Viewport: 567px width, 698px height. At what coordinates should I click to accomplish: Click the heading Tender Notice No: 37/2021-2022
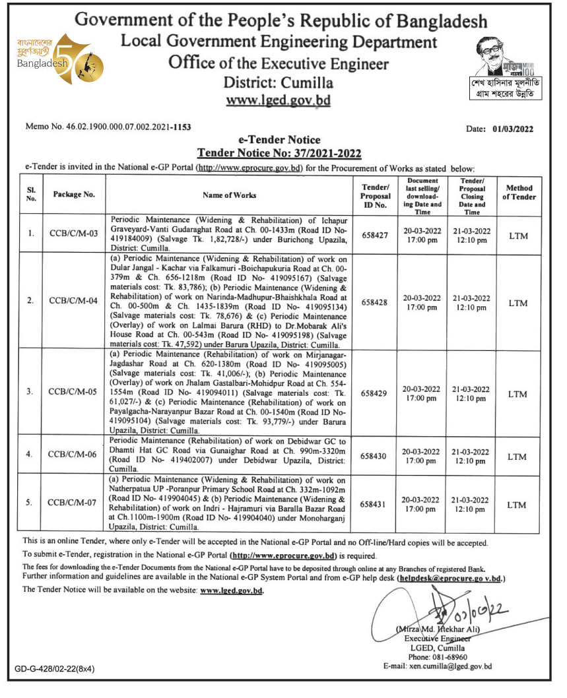[279, 154]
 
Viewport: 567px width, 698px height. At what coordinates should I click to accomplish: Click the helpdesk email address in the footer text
[450, 578]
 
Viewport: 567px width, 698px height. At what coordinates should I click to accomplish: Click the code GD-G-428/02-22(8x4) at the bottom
[55, 669]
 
